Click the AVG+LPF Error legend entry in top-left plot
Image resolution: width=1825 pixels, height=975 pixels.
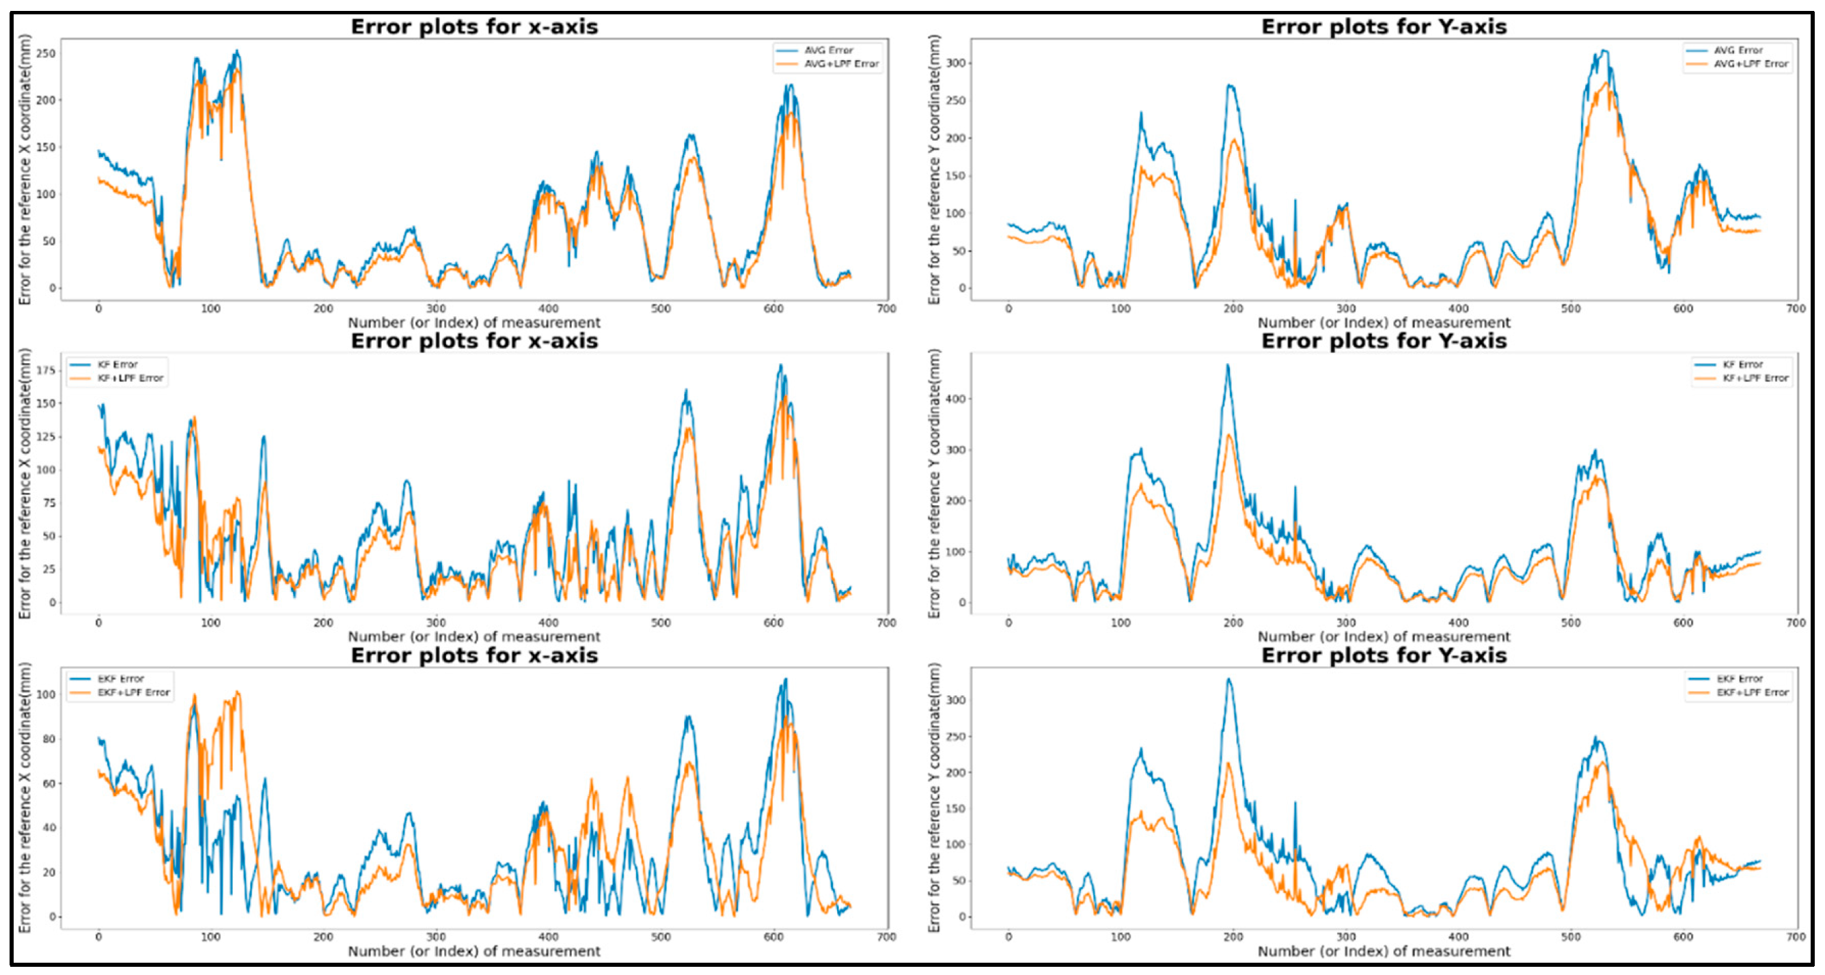tap(840, 64)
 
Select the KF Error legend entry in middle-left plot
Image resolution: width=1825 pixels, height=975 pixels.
tap(118, 365)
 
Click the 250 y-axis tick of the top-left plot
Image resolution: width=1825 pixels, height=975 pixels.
tap(46, 54)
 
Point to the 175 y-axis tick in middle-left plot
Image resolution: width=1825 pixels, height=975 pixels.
tap(46, 370)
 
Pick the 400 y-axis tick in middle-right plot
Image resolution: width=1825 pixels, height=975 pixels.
tap(956, 399)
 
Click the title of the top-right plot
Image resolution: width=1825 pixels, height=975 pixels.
tap(1383, 27)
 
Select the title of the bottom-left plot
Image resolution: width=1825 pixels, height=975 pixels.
tap(474, 655)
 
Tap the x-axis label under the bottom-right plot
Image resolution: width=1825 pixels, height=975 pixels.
tap(1383, 952)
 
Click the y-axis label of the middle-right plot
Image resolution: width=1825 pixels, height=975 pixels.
tap(935, 483)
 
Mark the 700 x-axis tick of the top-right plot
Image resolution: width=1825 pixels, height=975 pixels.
tap(1795, 309)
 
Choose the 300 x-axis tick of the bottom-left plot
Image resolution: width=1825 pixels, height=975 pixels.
tap(436, 937)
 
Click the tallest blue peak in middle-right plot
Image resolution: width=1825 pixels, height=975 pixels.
tap(1228, 366)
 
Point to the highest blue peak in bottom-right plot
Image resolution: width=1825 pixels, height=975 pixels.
tap(1229, 680)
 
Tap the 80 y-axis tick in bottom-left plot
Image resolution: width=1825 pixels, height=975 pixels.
tap(49, 739)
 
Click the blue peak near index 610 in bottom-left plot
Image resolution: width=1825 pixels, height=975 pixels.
tap(785, 681)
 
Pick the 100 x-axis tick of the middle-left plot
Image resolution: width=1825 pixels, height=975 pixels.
tap(210, 623)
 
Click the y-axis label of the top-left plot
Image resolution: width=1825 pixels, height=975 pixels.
tap(25, 170)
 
